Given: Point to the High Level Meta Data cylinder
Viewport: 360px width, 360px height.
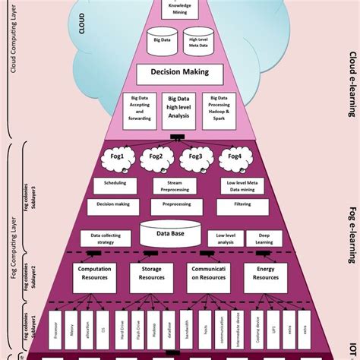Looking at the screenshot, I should click(x=200, y=43).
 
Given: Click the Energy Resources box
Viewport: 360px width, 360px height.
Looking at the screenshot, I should click(x=265, y=273).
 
